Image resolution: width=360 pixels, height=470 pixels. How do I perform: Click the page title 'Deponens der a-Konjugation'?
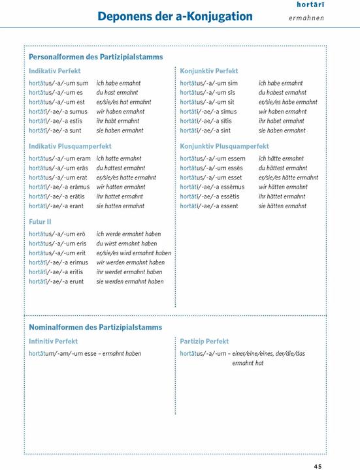pyautogui.click(x=174, y=16)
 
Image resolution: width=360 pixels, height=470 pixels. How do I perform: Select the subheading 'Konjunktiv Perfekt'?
pyautogui.click(x=208, y=70)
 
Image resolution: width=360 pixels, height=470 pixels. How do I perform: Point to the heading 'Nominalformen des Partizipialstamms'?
pyautogui.click(x=95, y=326)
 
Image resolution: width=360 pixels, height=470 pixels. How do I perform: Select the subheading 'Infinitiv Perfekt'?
pyautogui.click(x=53, y=341)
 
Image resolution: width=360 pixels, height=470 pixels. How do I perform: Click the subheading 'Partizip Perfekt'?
pyautogui.click(x=204, y=341)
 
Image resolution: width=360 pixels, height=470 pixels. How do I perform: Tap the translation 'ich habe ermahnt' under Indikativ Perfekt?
pyautogui.click(x=118, y=84)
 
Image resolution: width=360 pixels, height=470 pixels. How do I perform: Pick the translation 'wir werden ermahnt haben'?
pyautogui.click(x=130, y=262)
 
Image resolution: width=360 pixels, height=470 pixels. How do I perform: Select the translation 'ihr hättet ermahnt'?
pyautogui.click(x=281, y=196)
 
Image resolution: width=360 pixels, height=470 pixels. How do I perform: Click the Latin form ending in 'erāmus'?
pyautogui.click(x=59, y=187)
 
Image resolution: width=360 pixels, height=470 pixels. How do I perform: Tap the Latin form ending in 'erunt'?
pyautogui.click(x=57, y=281)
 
